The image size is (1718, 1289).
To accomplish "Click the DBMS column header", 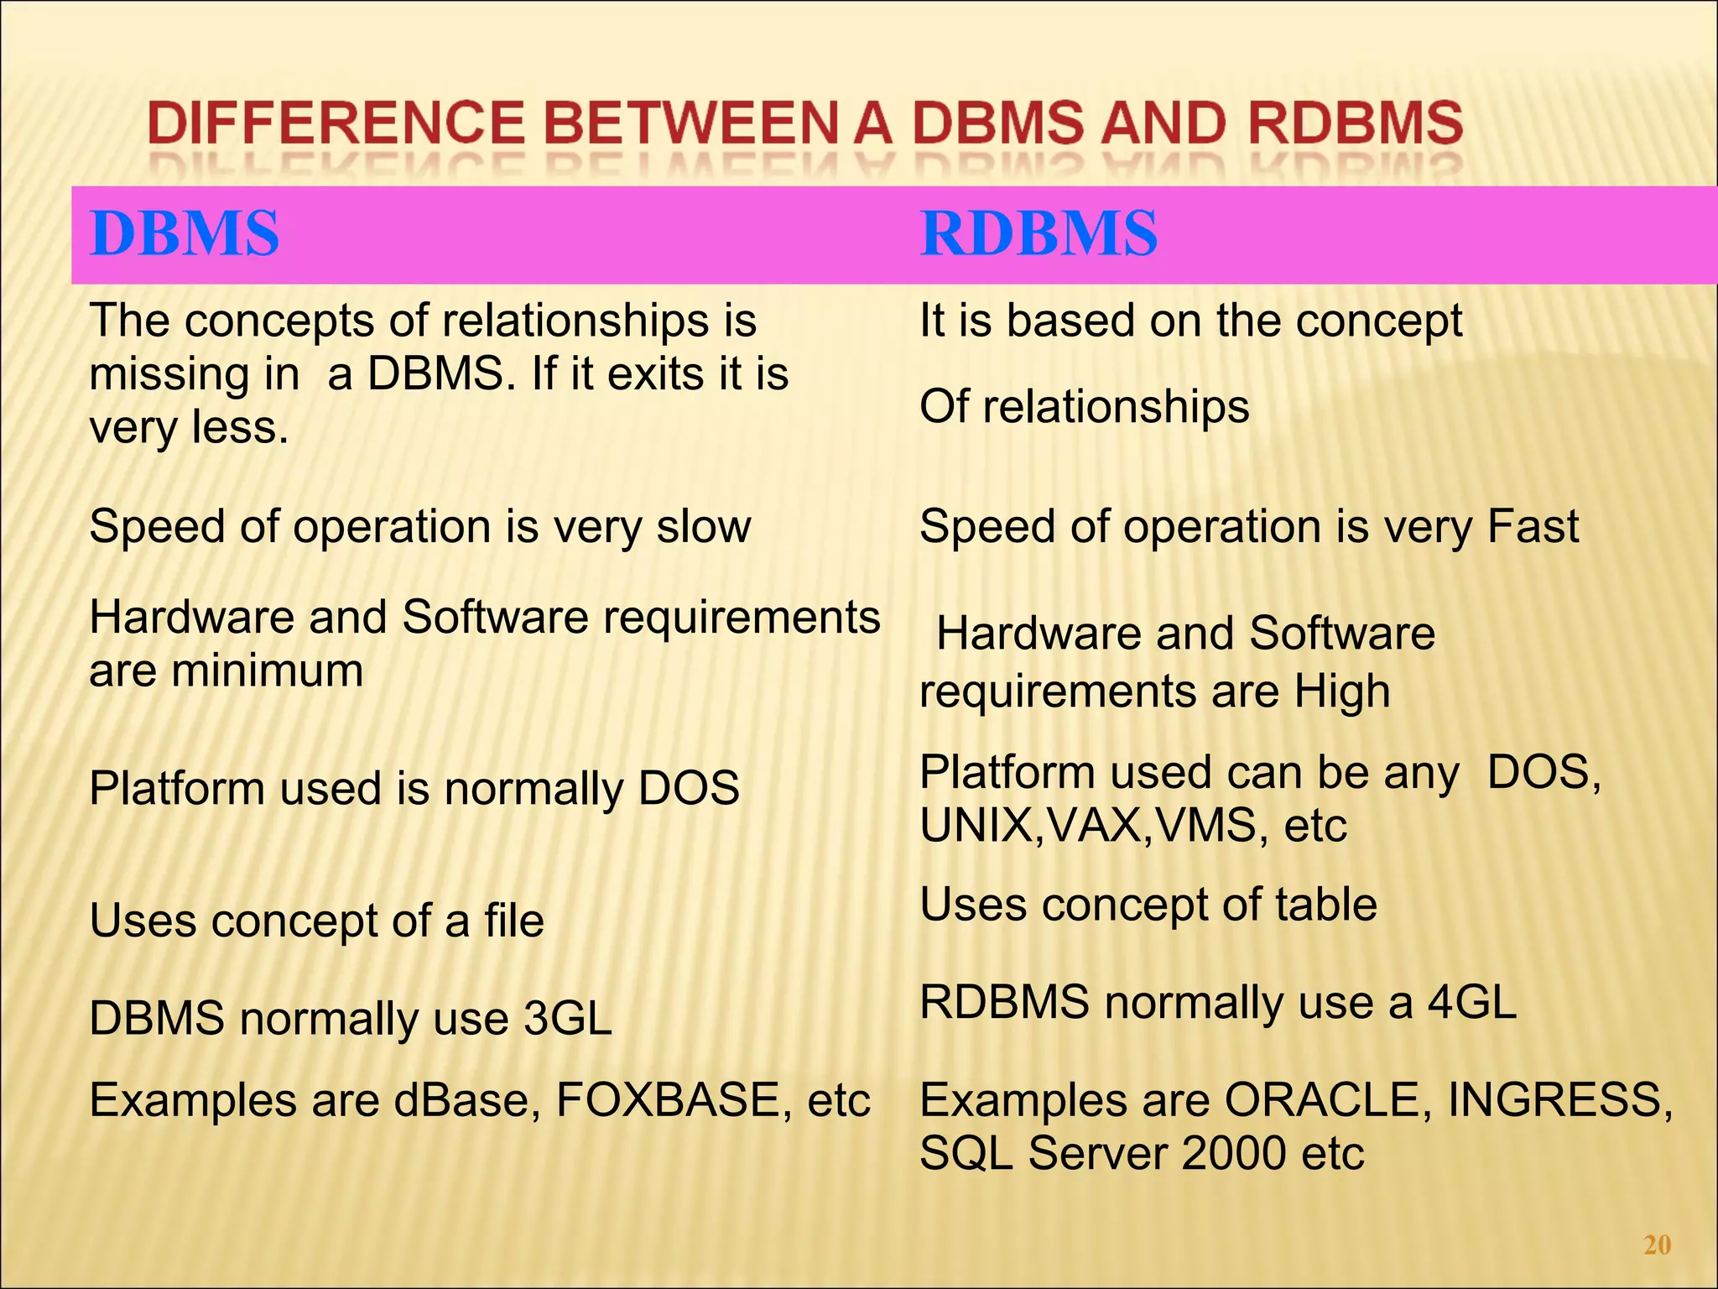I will coord(184,233).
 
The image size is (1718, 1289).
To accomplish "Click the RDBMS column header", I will coord(1039,233).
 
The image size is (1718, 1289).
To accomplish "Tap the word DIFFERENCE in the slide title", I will coord(336,123).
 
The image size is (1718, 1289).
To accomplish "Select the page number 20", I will coord(1657,1245).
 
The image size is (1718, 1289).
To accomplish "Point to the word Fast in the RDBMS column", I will coord(1533,527).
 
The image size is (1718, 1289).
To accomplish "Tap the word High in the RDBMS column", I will coord(1341,692).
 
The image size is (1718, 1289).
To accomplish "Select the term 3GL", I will coord(567,1019).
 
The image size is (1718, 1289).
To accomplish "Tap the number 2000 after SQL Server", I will coord(1234,1154).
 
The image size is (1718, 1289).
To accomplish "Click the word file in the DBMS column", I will coord(513,921).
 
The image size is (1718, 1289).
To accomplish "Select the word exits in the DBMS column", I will coord(655,374).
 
